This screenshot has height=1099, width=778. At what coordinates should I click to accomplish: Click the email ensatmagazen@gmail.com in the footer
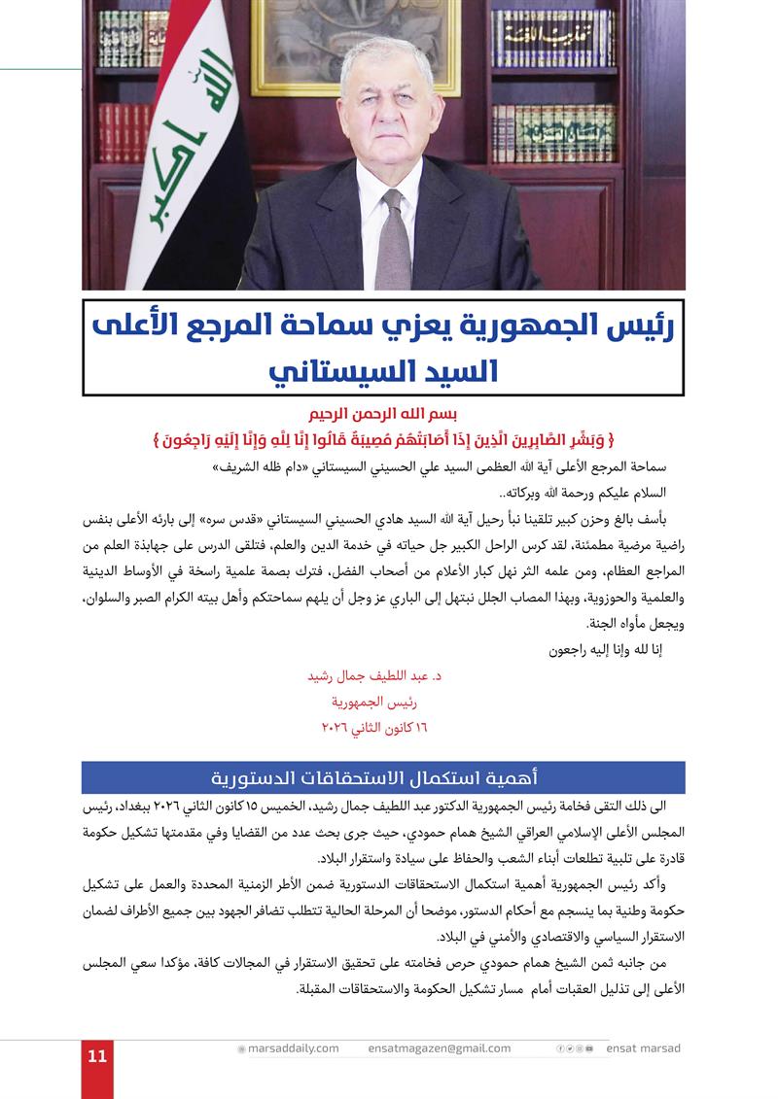coord(440,1048)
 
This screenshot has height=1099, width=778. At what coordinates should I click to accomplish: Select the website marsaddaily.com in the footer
coord(293,1048)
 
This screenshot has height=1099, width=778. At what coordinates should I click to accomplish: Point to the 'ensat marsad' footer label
coord(644,1048)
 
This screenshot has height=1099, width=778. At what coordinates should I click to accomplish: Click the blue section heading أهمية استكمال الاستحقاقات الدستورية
coord(383,777)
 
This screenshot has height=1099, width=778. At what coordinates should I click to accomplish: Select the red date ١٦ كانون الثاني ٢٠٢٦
coord(374,726)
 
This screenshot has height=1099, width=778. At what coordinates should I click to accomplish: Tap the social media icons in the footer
coord(575,1048)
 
